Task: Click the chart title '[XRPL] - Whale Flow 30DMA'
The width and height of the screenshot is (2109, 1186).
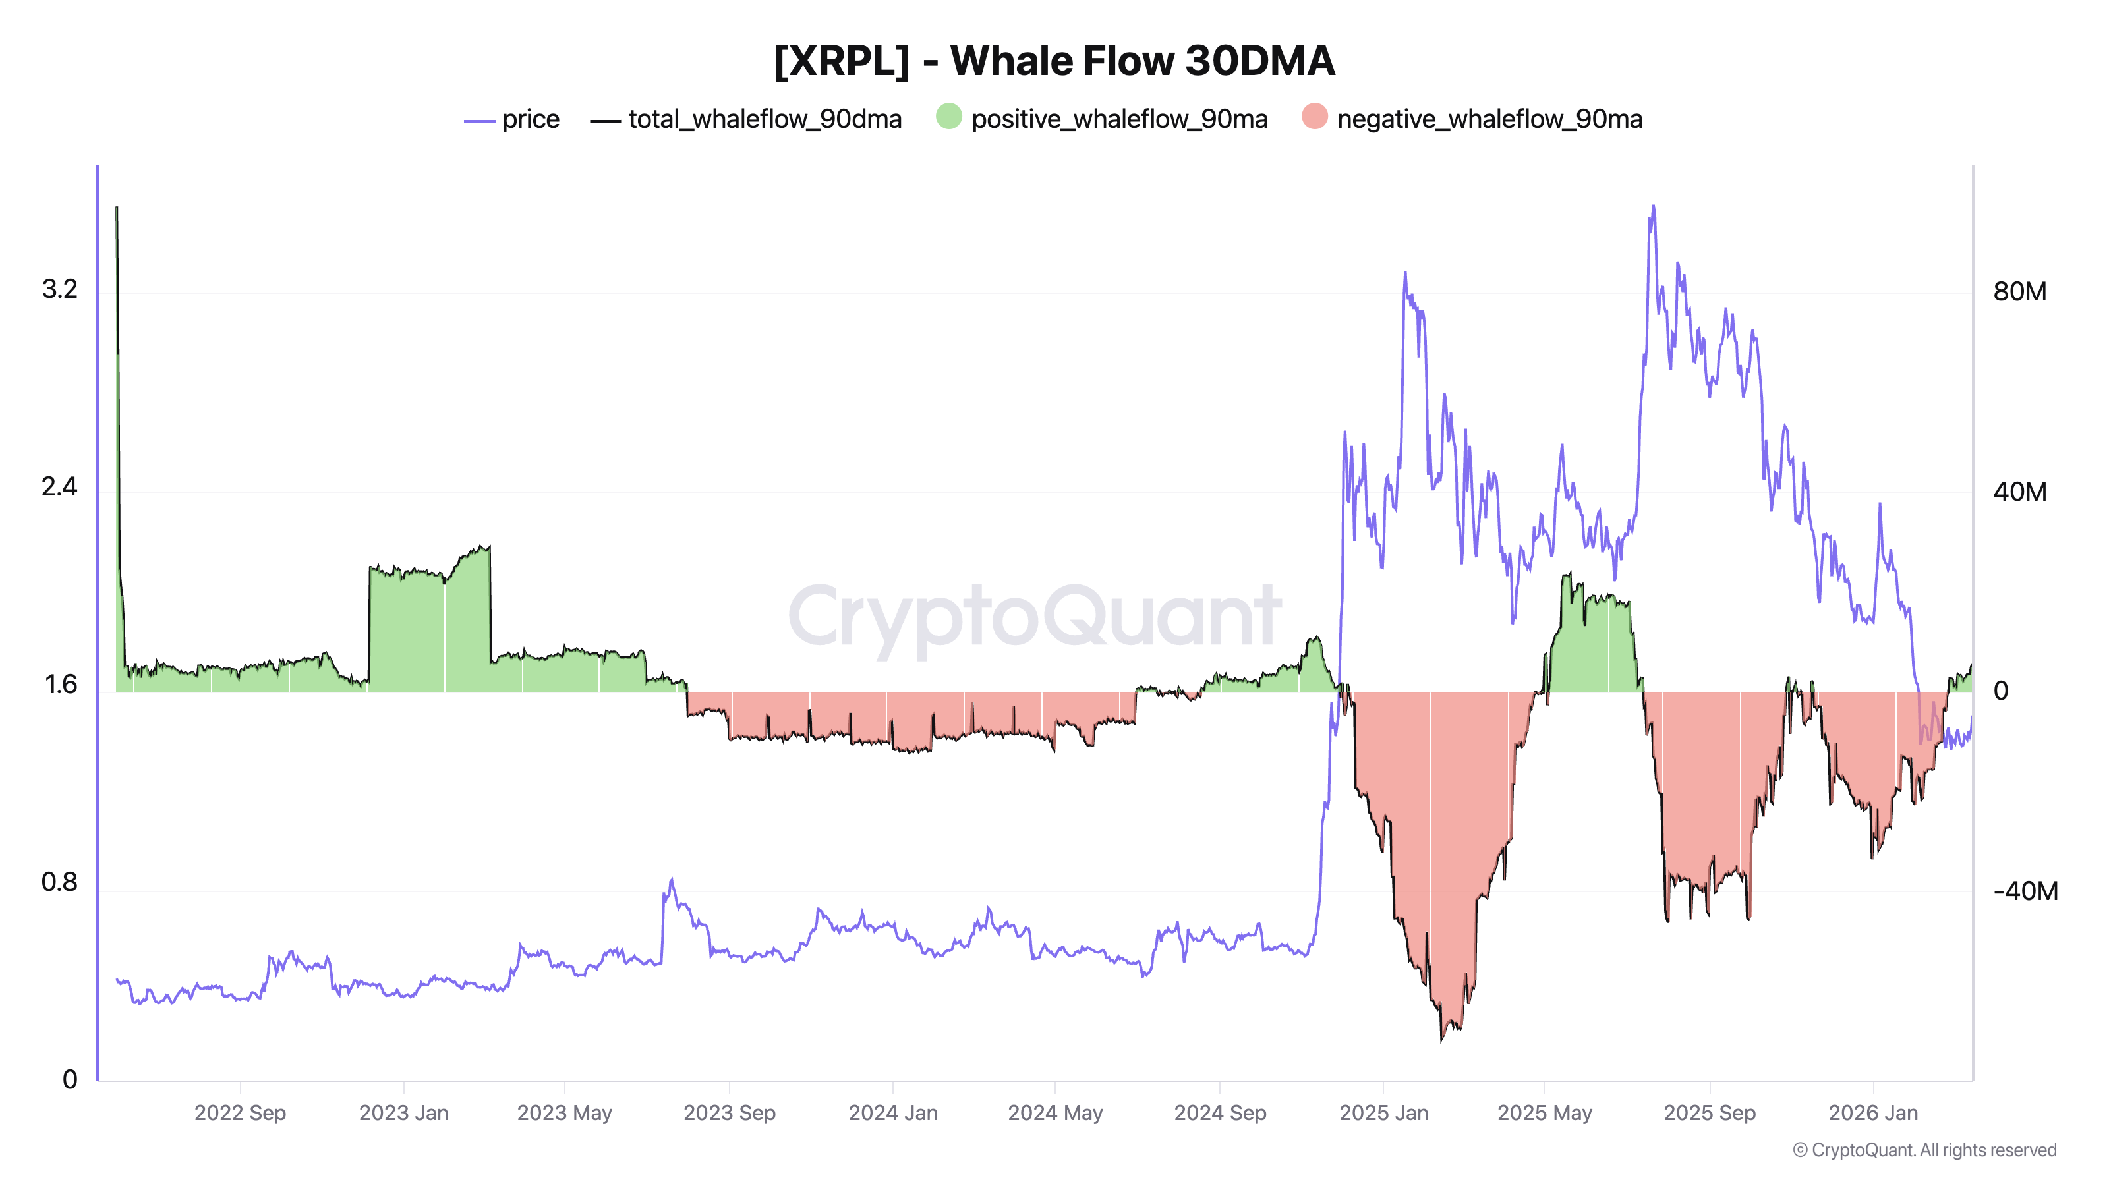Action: click(x=1054, y=61)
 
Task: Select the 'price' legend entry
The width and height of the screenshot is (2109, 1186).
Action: click(x=531, y=119)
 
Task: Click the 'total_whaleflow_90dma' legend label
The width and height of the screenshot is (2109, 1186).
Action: click(x=765, y=119)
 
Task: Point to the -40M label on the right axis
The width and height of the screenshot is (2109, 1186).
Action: click(x=2025, y=891)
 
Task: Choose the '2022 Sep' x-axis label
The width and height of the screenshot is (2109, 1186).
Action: click(x=240, y=1113)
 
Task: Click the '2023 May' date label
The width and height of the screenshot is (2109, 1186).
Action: click(x=564, y=1113)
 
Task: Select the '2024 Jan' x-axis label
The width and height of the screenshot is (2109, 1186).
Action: click(x=892, y=1113)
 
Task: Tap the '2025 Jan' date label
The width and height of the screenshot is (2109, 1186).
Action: click(x=1383, y=1113)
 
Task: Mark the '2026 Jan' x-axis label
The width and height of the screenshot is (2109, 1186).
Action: click(x=1873, y=1113)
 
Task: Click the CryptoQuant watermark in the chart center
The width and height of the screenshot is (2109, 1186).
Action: click(x=1034, y=618)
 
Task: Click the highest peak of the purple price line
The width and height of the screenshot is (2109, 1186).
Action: click(x=1653, y=206)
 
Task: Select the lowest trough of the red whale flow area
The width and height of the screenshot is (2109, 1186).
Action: click(x=1442, y=1040)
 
